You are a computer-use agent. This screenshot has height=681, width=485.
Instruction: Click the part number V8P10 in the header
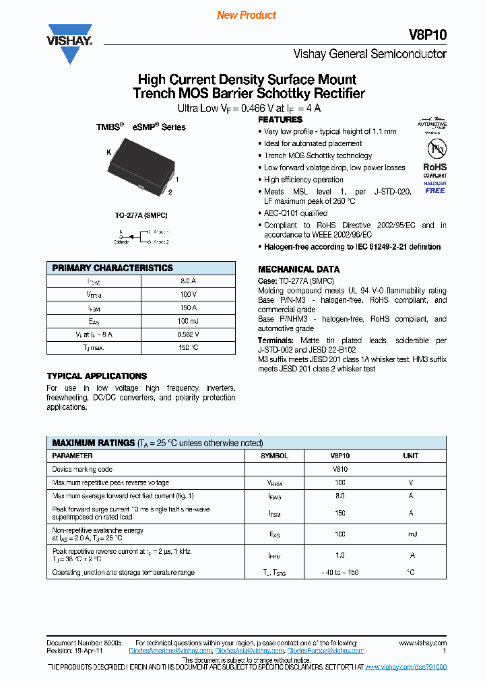(428, 35)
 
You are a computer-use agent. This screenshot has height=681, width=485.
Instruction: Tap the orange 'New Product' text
(247, 15)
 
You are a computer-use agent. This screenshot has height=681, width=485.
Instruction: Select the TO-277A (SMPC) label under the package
(141, 215)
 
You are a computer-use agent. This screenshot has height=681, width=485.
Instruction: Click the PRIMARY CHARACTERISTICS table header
(112, 268)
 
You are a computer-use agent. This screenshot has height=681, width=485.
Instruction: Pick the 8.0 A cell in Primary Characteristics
(188, 281)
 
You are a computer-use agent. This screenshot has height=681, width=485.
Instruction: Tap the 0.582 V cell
(188, 334)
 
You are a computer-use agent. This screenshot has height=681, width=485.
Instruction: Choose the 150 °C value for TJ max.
(188, 347)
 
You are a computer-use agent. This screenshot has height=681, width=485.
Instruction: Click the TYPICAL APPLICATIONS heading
(96, 376)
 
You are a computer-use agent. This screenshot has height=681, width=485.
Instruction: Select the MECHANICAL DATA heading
(294, 269)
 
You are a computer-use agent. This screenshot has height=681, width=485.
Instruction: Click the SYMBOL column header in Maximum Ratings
(274, 456)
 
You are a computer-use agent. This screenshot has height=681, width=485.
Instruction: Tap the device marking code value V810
(340, 469)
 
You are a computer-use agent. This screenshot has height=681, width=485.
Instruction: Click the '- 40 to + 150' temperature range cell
(340, 573)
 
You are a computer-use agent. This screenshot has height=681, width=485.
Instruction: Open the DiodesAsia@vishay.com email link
(249, 651)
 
